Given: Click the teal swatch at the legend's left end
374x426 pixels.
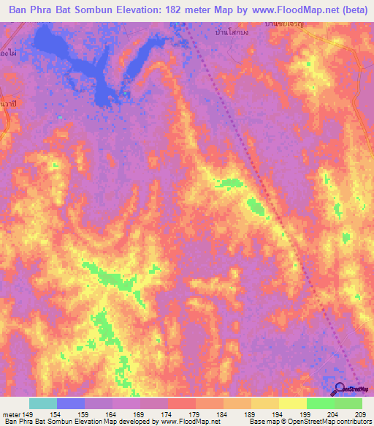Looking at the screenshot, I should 43,403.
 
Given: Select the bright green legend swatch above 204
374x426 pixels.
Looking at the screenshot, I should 321,403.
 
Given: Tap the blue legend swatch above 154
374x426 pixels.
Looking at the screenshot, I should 71,403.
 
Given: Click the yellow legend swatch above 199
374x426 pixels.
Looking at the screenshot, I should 293,403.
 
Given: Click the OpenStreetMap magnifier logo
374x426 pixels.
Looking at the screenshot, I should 340,389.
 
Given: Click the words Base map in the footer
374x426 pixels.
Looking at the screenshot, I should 262,422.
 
